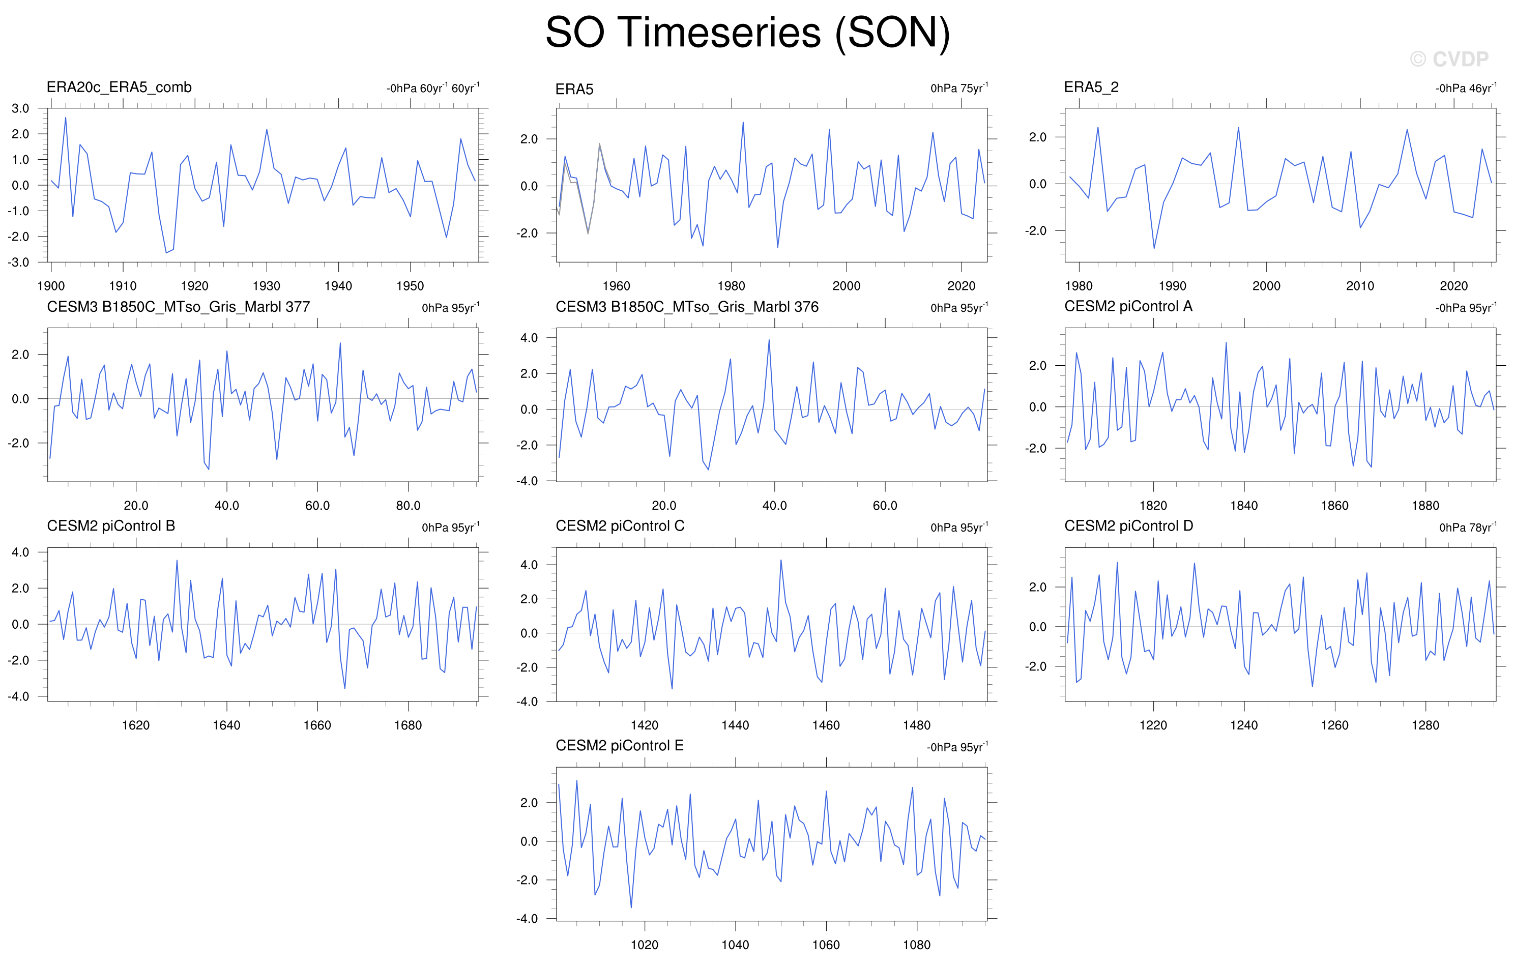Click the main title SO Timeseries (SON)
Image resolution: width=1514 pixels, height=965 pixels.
747,33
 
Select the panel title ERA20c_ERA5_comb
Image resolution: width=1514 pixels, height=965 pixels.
119,87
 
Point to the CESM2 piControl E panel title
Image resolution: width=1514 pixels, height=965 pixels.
619,746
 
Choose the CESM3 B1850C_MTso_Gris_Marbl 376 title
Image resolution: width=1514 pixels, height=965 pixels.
687,307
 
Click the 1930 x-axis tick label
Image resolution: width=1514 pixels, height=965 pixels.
267,286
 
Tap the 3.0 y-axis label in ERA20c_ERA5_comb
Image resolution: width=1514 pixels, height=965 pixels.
20,108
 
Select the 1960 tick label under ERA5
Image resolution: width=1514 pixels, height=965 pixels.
616,286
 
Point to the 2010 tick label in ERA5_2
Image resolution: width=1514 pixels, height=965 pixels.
1360,286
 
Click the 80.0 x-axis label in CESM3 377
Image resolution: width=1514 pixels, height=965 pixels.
408,506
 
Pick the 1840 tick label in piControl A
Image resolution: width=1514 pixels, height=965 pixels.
1244,506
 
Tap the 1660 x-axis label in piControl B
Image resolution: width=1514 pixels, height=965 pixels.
317,725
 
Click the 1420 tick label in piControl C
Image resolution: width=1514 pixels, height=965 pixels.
645,725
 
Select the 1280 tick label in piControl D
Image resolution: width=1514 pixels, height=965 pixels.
1425,725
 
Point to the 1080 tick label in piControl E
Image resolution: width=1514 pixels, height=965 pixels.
917,945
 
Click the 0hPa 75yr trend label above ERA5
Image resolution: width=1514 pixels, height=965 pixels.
959,88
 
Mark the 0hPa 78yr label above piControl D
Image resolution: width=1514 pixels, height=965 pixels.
1468,527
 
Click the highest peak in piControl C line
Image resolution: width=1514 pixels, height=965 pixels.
781,560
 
